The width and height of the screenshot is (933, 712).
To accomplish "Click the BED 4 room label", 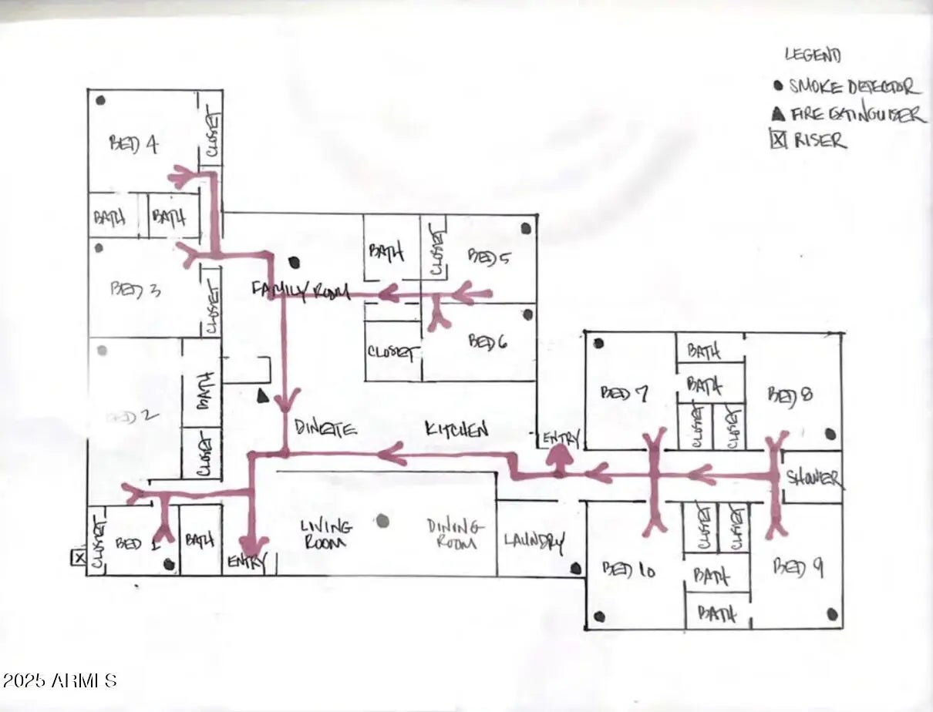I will tap(134, 143).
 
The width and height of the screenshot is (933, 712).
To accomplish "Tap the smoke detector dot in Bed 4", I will tap(100, 100).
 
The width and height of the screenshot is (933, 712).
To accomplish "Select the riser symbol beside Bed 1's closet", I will tap(78, 557).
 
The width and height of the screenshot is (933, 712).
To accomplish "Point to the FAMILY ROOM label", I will tap(301, 291).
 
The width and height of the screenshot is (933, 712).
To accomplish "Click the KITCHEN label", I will tap(456, 429).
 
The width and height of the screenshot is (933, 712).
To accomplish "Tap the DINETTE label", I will tap(325, 428).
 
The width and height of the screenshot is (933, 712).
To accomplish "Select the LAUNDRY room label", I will tap(534, 541).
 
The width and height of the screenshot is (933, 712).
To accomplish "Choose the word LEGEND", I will tap(813, 55).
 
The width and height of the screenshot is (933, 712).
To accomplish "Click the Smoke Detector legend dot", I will tap(778, 86).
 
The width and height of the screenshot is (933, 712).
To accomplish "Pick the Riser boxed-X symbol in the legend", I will tap(779, 139).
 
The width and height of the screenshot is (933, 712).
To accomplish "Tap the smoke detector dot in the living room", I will tap(382, 521).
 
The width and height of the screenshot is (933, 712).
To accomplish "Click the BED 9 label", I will tap(798, 568).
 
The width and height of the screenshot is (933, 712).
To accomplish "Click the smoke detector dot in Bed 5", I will tap(526, 228).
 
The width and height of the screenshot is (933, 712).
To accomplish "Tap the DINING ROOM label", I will tap(456, 533).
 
